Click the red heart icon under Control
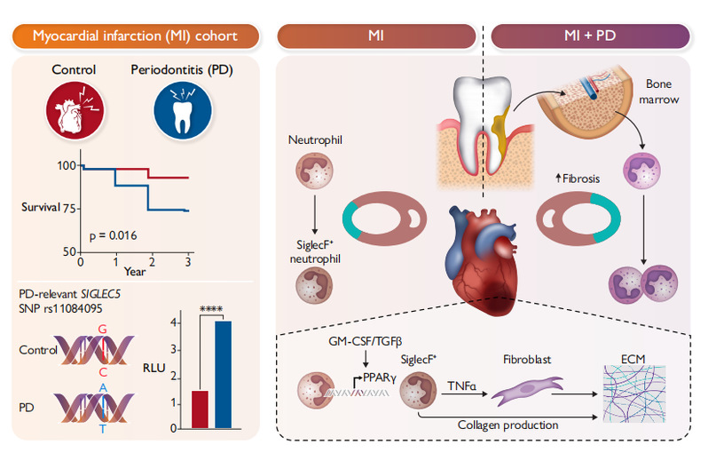75,111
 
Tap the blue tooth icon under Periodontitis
183,111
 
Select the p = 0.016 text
113,235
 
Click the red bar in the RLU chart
200,409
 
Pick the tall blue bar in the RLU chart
223,374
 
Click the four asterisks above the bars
211,309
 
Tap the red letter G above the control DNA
103,330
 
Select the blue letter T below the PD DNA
103,429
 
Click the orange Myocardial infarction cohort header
136,36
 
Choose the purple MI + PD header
590,36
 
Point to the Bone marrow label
659,91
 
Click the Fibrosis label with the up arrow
578,179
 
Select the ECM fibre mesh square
634,393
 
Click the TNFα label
461,386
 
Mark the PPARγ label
380,377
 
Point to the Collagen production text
508,425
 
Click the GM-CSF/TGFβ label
366,341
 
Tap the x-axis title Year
135,272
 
